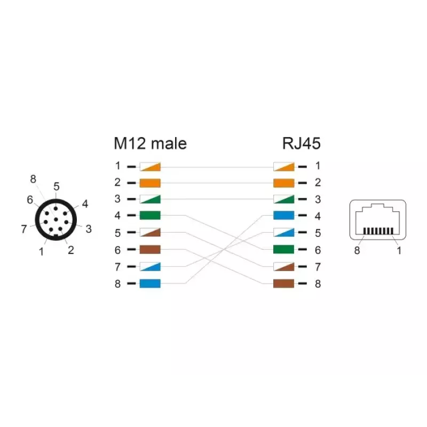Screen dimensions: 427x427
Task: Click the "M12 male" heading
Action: point(151,144)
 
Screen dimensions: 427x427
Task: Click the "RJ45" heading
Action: point(301,144)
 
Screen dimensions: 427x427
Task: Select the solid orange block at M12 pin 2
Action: point(150,183)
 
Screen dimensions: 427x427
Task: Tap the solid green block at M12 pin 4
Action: point(150,216)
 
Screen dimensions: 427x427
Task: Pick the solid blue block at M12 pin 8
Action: point(150,283)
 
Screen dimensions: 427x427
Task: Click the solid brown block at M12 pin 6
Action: point(150,249)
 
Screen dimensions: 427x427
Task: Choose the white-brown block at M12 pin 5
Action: point(150,232)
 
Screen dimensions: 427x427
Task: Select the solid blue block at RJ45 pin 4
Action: point(284,216)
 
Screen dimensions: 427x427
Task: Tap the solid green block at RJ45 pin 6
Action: point(284,249)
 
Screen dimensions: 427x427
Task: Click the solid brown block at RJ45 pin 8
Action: point(284,283)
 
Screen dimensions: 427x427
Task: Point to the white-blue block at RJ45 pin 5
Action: point(284,232)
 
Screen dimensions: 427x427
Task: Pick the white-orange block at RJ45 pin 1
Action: point(284,167)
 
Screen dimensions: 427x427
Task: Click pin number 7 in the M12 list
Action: point(117,267)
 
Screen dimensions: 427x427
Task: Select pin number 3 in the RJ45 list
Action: point(318,199)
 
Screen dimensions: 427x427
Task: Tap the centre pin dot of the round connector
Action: point(56,219)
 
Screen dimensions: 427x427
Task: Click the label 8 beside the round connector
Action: point(33,179)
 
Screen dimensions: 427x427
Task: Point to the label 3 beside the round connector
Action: point(89,229)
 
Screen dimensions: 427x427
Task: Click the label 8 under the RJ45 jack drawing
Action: point(357,250)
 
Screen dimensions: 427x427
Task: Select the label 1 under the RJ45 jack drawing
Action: point(399,250)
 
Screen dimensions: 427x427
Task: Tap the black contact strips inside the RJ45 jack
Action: point(378,231)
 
